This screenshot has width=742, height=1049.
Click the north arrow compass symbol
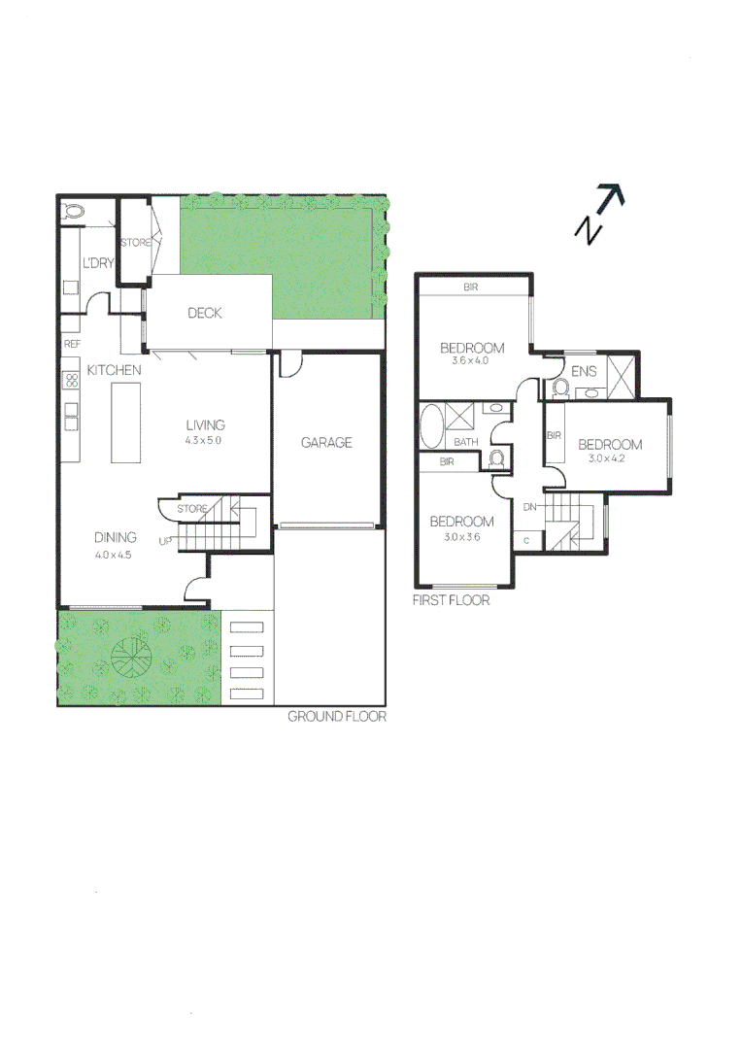click(599, 214)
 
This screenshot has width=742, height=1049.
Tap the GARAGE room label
click(326, 443)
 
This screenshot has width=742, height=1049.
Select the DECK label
click(205, 313)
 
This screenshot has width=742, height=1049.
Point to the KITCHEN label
click(115, 370)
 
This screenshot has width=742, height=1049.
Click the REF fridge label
click(71, 344)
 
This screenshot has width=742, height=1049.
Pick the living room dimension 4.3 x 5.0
click(206, 440)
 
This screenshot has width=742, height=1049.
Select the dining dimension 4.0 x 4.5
click(115, 555)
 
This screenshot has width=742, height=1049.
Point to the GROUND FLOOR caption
click(337, 717)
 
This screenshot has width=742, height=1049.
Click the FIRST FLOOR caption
click(451, 600)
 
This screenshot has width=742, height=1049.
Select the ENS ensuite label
click(584, 371)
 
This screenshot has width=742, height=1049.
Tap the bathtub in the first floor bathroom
click(431, 426)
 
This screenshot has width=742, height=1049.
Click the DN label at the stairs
click(530, 507)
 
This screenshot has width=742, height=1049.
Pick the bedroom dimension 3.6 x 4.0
click(472, 361)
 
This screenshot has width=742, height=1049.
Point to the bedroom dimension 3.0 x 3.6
click(461, 535)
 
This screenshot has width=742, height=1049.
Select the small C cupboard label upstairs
click(527, 539)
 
